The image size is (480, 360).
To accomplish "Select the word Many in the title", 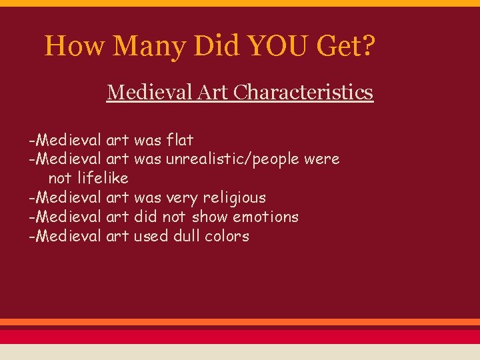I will pyautogui.click(x=151, y=46).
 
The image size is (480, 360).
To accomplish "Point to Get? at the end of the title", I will pyautogui.click(x=351, y=46).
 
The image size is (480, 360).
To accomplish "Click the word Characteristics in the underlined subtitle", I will pyautogui.click(x=302, y=92).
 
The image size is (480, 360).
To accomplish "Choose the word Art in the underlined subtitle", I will pyautogui.click(x=212, y=92).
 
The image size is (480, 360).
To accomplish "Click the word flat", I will pyautogui.click(x=180, y=140).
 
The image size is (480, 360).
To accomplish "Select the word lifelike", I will pyautogui.click(x=103, y=178).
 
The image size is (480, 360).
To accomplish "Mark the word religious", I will pyautogui.click(x=234, y=197).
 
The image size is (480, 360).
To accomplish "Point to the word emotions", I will pyautogui.click(x=265, y=217).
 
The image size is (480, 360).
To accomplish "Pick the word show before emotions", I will pyautogui.click(x=210, y=217).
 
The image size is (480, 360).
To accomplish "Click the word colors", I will pyautogui.click(x=227, y=236).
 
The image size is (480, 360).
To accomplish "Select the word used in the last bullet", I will pyautogui.click(x=151, y=236).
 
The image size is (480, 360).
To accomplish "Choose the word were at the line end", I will pyautogui.click(x=321, y=159).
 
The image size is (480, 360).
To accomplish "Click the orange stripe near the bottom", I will pyautogui.click(x=240, y=322).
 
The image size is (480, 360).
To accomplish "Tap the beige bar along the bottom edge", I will pyautogui.click(x=240, y=352).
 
